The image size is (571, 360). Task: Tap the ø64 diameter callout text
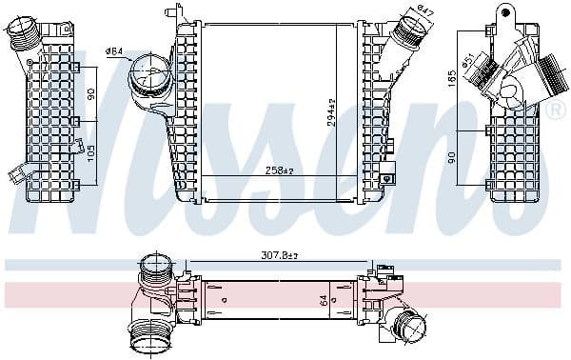click(x=114, y=50)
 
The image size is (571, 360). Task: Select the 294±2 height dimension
click(x=332, y=113)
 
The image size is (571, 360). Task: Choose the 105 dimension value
click(x=90, y=152)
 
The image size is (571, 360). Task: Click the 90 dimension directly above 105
click(x=90, y=95)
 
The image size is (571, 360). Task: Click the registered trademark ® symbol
click(x=555, y=111)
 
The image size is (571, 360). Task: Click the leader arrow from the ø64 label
click(x=131, y=58)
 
